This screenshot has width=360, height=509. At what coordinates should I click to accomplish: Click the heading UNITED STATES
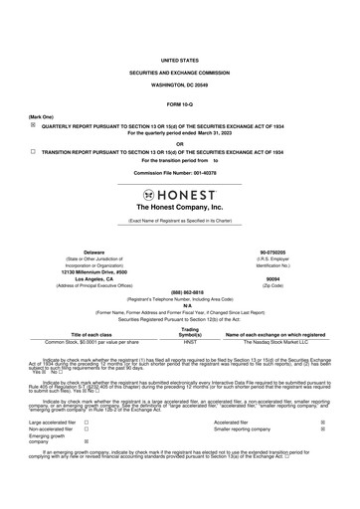(x=179, y=60)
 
